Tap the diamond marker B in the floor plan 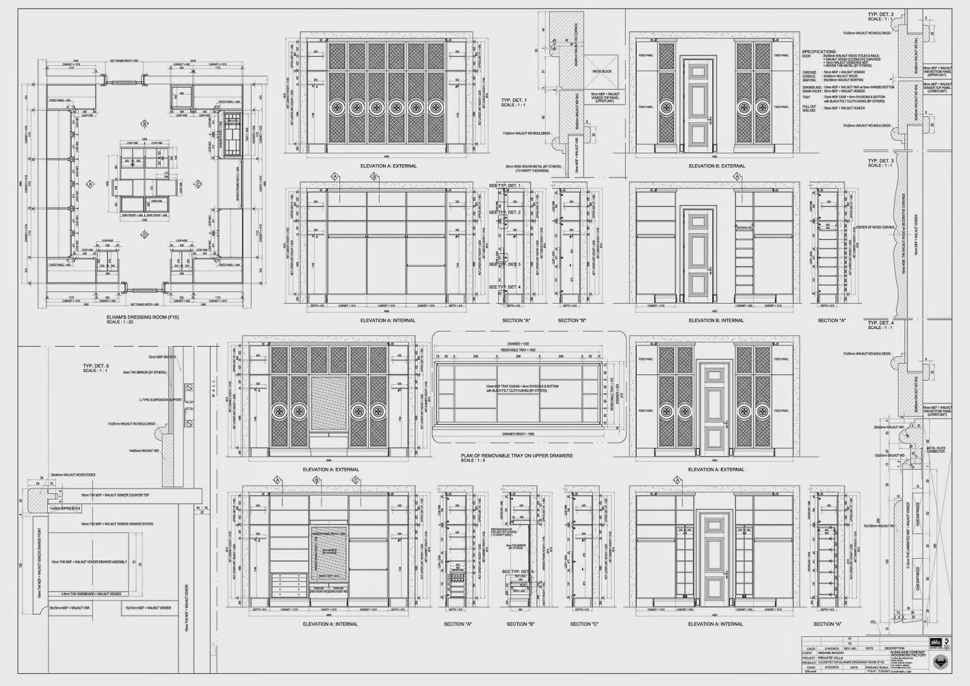(x=145, y=124)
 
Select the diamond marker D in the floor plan (x=144, y=234)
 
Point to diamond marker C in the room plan (x=197, y=184)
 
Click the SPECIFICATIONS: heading (x=819, y=52)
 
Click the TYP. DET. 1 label (x=514, y=100)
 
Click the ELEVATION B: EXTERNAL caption (x=717, y=165)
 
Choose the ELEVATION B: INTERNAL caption (x=716, y=320)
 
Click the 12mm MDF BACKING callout (x=160, y=358)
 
